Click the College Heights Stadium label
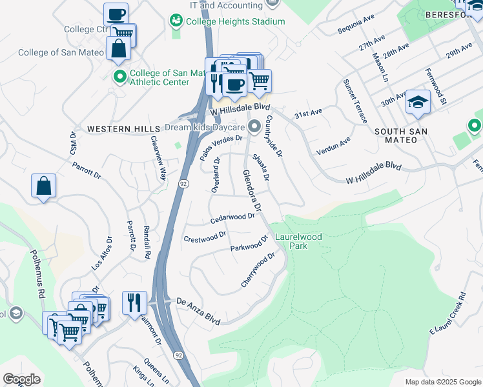pyautogui.click(x=235, y=21)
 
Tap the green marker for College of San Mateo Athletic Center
pyautogui.click(x=119, y=77)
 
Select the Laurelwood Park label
pyautogui.click(x=298, y=241)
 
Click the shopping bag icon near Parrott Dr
pyautogui.click(x=43, y=186)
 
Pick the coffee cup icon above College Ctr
pyautogui.click(x=116, y=14)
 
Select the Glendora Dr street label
pyautogui.click(x=252, y=191)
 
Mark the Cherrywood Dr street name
pyautogui.click(x=258, y=270)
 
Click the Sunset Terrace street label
pyautogui.click(x=356, y=101)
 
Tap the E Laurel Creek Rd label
pyautogui.click(x=447, y=313)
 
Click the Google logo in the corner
pyautogui.click(x=21, y=379)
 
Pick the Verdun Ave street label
pyautogui.click(x=333, y=146)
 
